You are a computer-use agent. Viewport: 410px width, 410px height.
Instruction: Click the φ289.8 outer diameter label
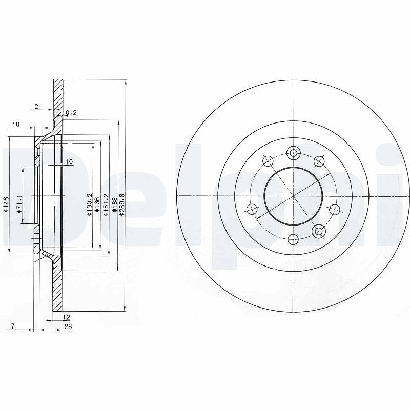click(x=121, y=204)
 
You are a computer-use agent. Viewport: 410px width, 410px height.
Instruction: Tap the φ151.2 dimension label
click(x=106, y=204)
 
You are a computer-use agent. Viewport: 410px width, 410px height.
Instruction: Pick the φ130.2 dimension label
click(x=89, y=204)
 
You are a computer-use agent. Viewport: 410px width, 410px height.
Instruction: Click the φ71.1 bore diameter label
click(x=18, y=203)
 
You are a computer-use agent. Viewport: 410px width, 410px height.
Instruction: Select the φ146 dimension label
click(x=6, y=204)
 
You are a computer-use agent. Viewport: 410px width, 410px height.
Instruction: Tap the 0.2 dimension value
click(x=71, y=113)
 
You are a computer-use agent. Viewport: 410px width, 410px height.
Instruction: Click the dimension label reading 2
click(x=36, y=107)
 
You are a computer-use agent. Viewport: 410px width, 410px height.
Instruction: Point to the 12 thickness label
click(x=67, y=317)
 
